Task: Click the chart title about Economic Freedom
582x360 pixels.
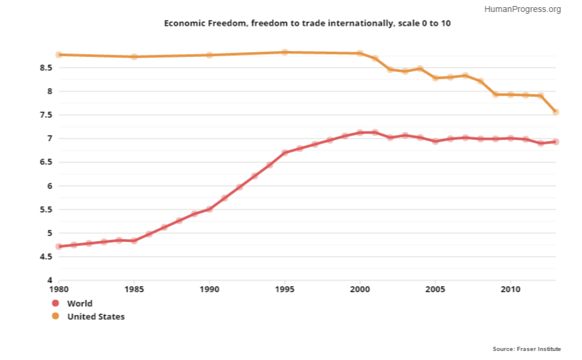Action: (x=307, y=23)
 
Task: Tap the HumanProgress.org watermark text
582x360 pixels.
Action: (x=522, y=9)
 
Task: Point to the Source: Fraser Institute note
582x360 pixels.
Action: (x=527, y=349)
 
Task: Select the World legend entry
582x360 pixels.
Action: (x=79, y=304)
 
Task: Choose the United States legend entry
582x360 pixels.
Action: (x=95, y=316)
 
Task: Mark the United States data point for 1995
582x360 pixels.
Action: (x=284, y=52)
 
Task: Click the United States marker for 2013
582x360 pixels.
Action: (x=556, y=112)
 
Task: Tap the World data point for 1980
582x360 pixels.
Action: (x=59, y=247)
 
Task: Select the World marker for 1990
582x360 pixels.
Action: (x=209, y=209)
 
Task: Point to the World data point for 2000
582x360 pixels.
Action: (x=360, y=133)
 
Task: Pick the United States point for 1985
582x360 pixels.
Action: (x=134, y=56)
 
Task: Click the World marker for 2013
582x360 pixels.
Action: (x=556, y=142)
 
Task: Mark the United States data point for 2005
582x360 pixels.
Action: (x=435, y=78)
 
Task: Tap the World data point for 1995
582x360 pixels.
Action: (x=284, y=152)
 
